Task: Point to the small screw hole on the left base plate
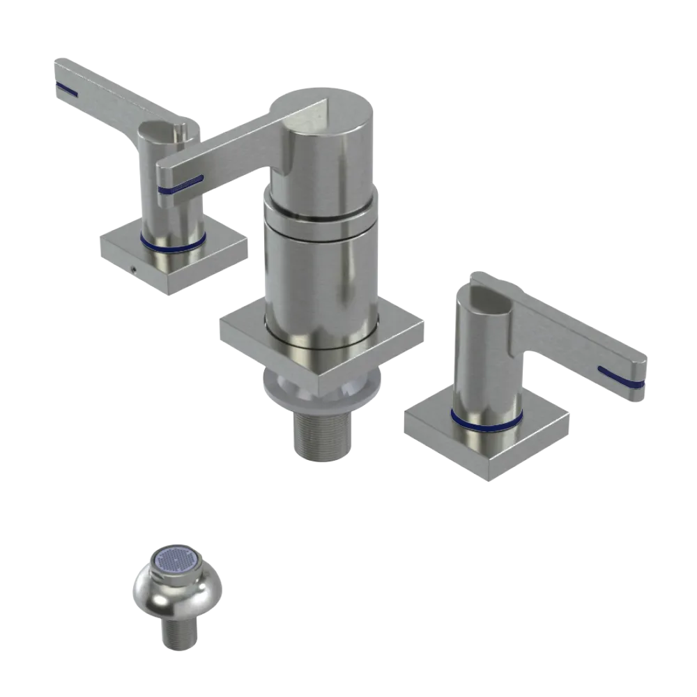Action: (x=133, y=267)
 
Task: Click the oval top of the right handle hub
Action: (x=484, y=293)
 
